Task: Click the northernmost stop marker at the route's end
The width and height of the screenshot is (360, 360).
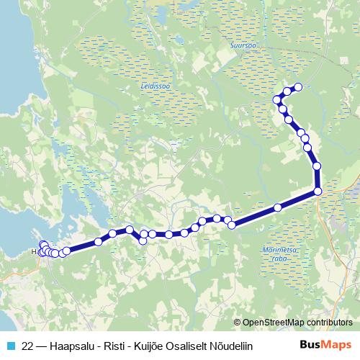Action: coord(298,87)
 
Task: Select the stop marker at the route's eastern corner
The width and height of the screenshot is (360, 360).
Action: coord(318,192)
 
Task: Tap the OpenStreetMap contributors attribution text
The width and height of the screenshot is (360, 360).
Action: coord(297,322)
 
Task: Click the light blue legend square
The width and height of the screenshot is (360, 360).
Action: coord(9,346)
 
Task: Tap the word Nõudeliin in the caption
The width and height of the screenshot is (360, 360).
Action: coord(232,346)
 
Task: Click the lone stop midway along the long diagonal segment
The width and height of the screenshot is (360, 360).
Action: coord(278,208)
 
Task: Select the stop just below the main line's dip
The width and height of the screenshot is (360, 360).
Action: coord(143,240)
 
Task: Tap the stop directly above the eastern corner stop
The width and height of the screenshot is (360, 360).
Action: coord(317,166)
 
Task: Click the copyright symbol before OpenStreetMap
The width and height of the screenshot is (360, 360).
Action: coord(238,323)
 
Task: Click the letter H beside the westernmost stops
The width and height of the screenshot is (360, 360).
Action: coord(35,253)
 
